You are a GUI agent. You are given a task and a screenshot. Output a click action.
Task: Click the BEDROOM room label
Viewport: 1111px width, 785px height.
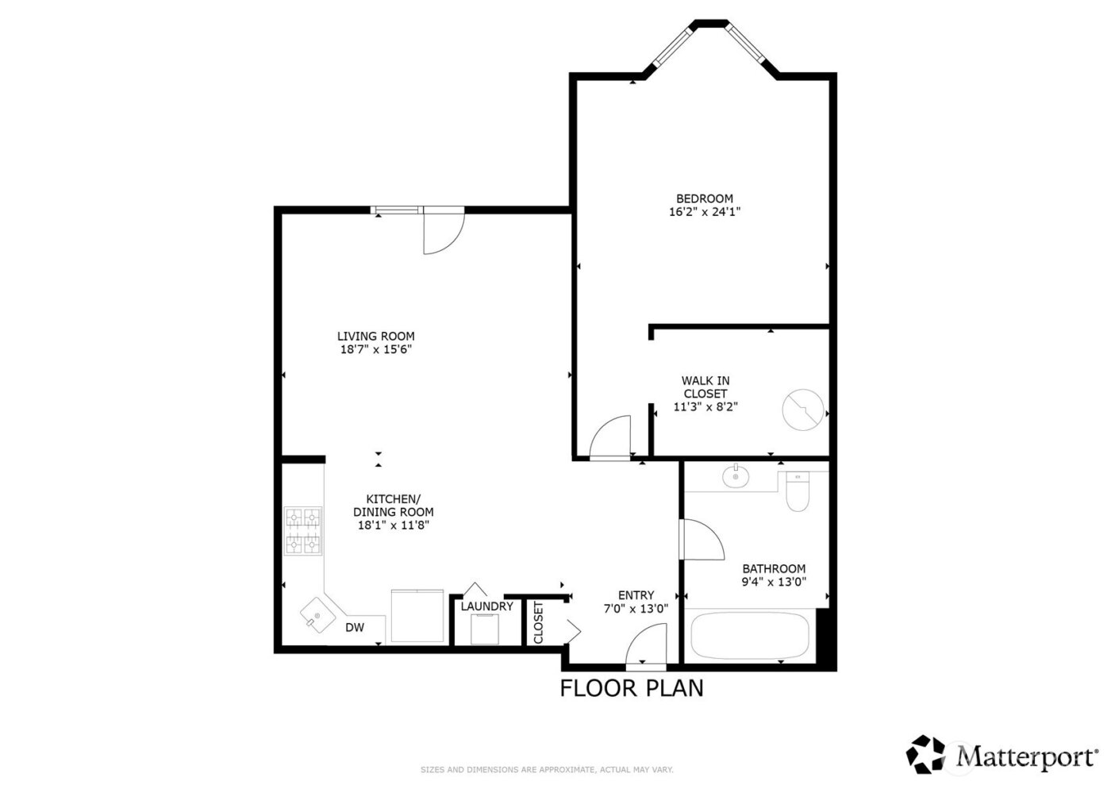[704, 198]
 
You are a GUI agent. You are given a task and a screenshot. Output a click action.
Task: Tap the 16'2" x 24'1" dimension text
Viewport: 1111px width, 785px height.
[704, 212]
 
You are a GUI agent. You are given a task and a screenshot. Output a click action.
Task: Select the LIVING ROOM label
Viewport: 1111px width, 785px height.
[375, 336]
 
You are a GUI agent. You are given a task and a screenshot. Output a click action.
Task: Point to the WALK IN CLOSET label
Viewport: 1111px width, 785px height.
[705, 387]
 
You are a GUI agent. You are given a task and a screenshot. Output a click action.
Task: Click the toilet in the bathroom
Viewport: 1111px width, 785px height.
[796, 491]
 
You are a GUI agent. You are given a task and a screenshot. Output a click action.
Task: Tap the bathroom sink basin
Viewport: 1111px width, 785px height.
[736, 477]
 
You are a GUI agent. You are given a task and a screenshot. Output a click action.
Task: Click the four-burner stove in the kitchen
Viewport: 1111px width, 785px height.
[304, 531]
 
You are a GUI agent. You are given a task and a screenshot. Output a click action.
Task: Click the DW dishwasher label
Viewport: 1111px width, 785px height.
[355, 628]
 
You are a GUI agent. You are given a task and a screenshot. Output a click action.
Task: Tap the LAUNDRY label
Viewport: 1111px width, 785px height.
[486, 606]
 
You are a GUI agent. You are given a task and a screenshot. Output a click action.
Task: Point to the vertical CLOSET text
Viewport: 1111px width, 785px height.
[539, 623]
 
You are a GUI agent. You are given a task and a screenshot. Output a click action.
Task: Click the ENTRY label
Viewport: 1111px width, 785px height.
[636, 595]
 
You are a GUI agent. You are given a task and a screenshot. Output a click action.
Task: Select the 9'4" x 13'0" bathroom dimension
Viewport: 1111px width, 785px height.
[774, 582]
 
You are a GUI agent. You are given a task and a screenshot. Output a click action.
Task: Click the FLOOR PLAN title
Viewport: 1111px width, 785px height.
[632, 687]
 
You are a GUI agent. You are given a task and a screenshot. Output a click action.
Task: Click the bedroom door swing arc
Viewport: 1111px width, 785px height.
[611, 437]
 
